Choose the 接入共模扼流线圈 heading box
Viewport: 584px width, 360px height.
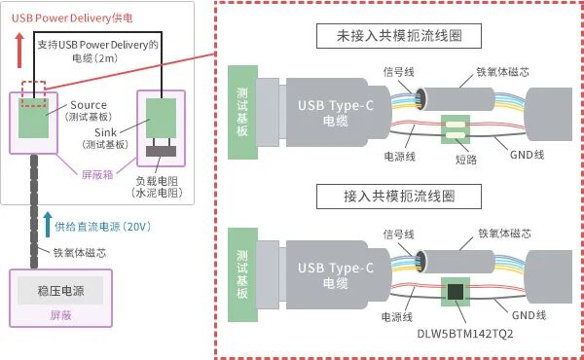pos(400,196)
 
